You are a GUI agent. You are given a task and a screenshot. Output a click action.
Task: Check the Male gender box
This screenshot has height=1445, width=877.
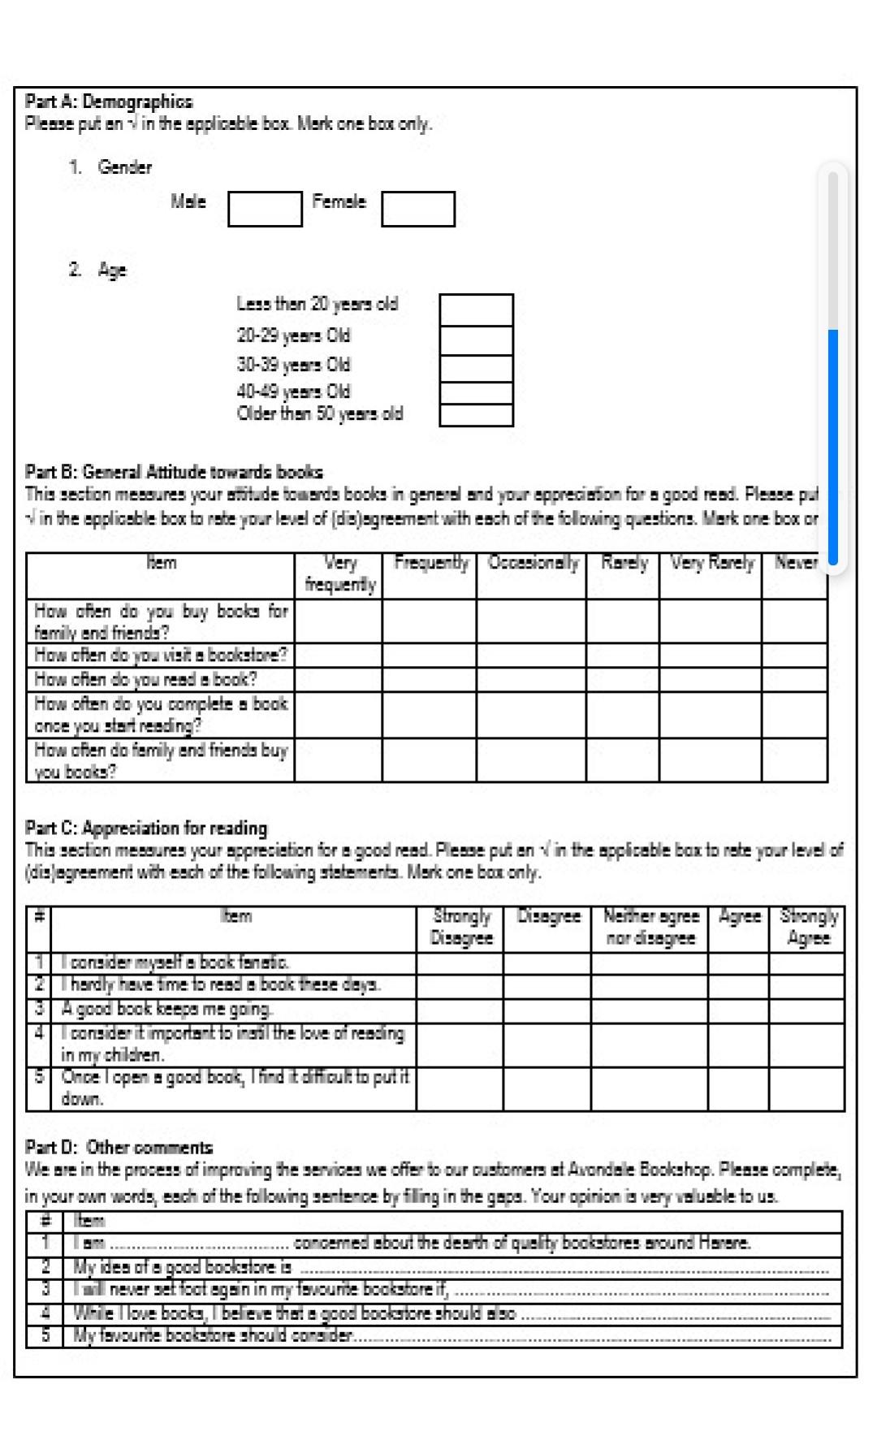[265, 209]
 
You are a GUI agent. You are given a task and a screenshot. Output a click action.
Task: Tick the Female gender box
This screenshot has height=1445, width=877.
[417, 209]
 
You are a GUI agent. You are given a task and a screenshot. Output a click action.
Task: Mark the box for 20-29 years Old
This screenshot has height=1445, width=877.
[476, 340]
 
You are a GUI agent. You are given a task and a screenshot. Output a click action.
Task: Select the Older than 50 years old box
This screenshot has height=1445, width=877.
[476, 415]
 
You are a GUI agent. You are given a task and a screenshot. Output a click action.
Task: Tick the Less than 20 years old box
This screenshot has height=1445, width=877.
[476, 309]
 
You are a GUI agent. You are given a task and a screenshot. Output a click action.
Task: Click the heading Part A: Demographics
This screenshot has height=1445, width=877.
[109, 102]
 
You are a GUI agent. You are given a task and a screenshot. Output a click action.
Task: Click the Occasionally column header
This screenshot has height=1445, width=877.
[532, 563]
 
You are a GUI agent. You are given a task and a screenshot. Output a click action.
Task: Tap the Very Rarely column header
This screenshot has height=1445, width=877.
[711, 563]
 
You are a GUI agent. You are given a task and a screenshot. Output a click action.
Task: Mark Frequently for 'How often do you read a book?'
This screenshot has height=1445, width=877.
[429, 679]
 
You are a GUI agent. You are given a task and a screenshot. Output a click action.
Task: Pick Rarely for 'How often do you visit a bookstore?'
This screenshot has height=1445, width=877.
[622, 655]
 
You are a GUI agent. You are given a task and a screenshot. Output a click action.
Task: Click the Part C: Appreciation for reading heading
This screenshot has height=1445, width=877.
[146, 828]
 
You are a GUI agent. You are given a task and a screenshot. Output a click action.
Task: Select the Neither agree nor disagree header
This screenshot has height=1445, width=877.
[650, 927]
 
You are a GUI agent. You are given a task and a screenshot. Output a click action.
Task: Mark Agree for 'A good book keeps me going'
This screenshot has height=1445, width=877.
[738, 1010]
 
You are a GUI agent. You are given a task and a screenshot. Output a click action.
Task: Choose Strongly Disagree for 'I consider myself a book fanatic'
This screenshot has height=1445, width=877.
[460, 963]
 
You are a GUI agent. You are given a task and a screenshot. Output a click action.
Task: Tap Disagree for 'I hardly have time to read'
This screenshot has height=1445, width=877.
[547, 986]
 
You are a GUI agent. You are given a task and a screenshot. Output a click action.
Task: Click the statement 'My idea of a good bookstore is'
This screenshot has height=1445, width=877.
[183, 1267]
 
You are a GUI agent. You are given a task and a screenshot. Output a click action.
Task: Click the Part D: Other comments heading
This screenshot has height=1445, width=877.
[119, 1148]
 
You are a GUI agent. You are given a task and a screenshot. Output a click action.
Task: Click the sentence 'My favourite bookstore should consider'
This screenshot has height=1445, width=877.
[213, 1335]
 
